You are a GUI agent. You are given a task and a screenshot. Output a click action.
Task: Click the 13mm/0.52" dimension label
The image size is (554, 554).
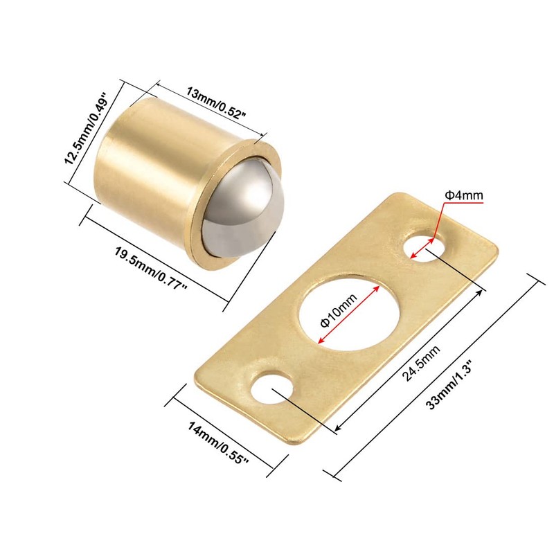[x=216, y=103]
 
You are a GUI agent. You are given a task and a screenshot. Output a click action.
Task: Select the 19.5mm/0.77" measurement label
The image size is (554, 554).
[x=151, y=268]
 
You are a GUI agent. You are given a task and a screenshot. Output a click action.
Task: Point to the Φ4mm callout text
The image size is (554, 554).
[x=463, y=195]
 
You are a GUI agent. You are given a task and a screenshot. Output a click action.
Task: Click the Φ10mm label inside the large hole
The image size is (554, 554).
[x=339, y=310]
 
